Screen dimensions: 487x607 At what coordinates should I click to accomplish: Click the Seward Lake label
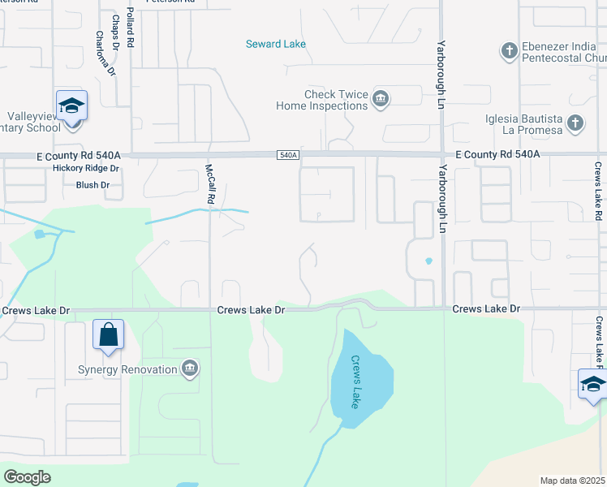tap(276, 44)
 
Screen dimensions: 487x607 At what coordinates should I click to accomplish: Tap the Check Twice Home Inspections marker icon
tap(381, 99)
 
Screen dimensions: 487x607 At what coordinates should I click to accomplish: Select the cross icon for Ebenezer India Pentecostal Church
tap(509, 52)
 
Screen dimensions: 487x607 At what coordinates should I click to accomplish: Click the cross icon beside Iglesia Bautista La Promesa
tap(575, 123)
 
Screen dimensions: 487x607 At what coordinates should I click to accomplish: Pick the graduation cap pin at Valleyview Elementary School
tap(71, 106)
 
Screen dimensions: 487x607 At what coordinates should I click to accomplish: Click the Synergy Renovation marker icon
tap(190, 369)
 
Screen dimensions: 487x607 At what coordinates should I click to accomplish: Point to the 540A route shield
tap(288, 154)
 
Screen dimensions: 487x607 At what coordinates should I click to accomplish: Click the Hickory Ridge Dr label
tap(85, 168)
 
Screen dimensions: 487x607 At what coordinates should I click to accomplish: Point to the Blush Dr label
tap(92, 185)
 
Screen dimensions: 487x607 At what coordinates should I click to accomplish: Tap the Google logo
tap(28, 477)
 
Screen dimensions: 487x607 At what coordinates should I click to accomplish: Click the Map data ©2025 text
tap(571, 481)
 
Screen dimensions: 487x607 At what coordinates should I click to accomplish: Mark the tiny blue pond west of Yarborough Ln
tap(428, 261)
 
